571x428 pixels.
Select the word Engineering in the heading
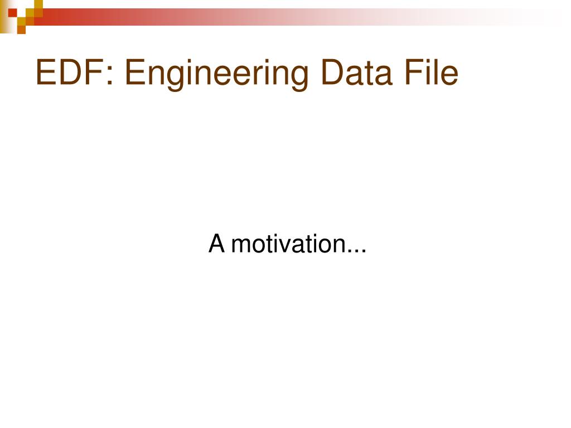217,75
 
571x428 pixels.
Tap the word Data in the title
357,73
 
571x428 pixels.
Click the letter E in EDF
46,73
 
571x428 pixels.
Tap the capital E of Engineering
135,73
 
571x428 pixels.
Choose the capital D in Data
333,73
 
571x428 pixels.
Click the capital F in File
414,73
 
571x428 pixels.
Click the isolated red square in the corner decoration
12,13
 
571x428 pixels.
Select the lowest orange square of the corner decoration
21,30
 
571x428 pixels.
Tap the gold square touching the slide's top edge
38,4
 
